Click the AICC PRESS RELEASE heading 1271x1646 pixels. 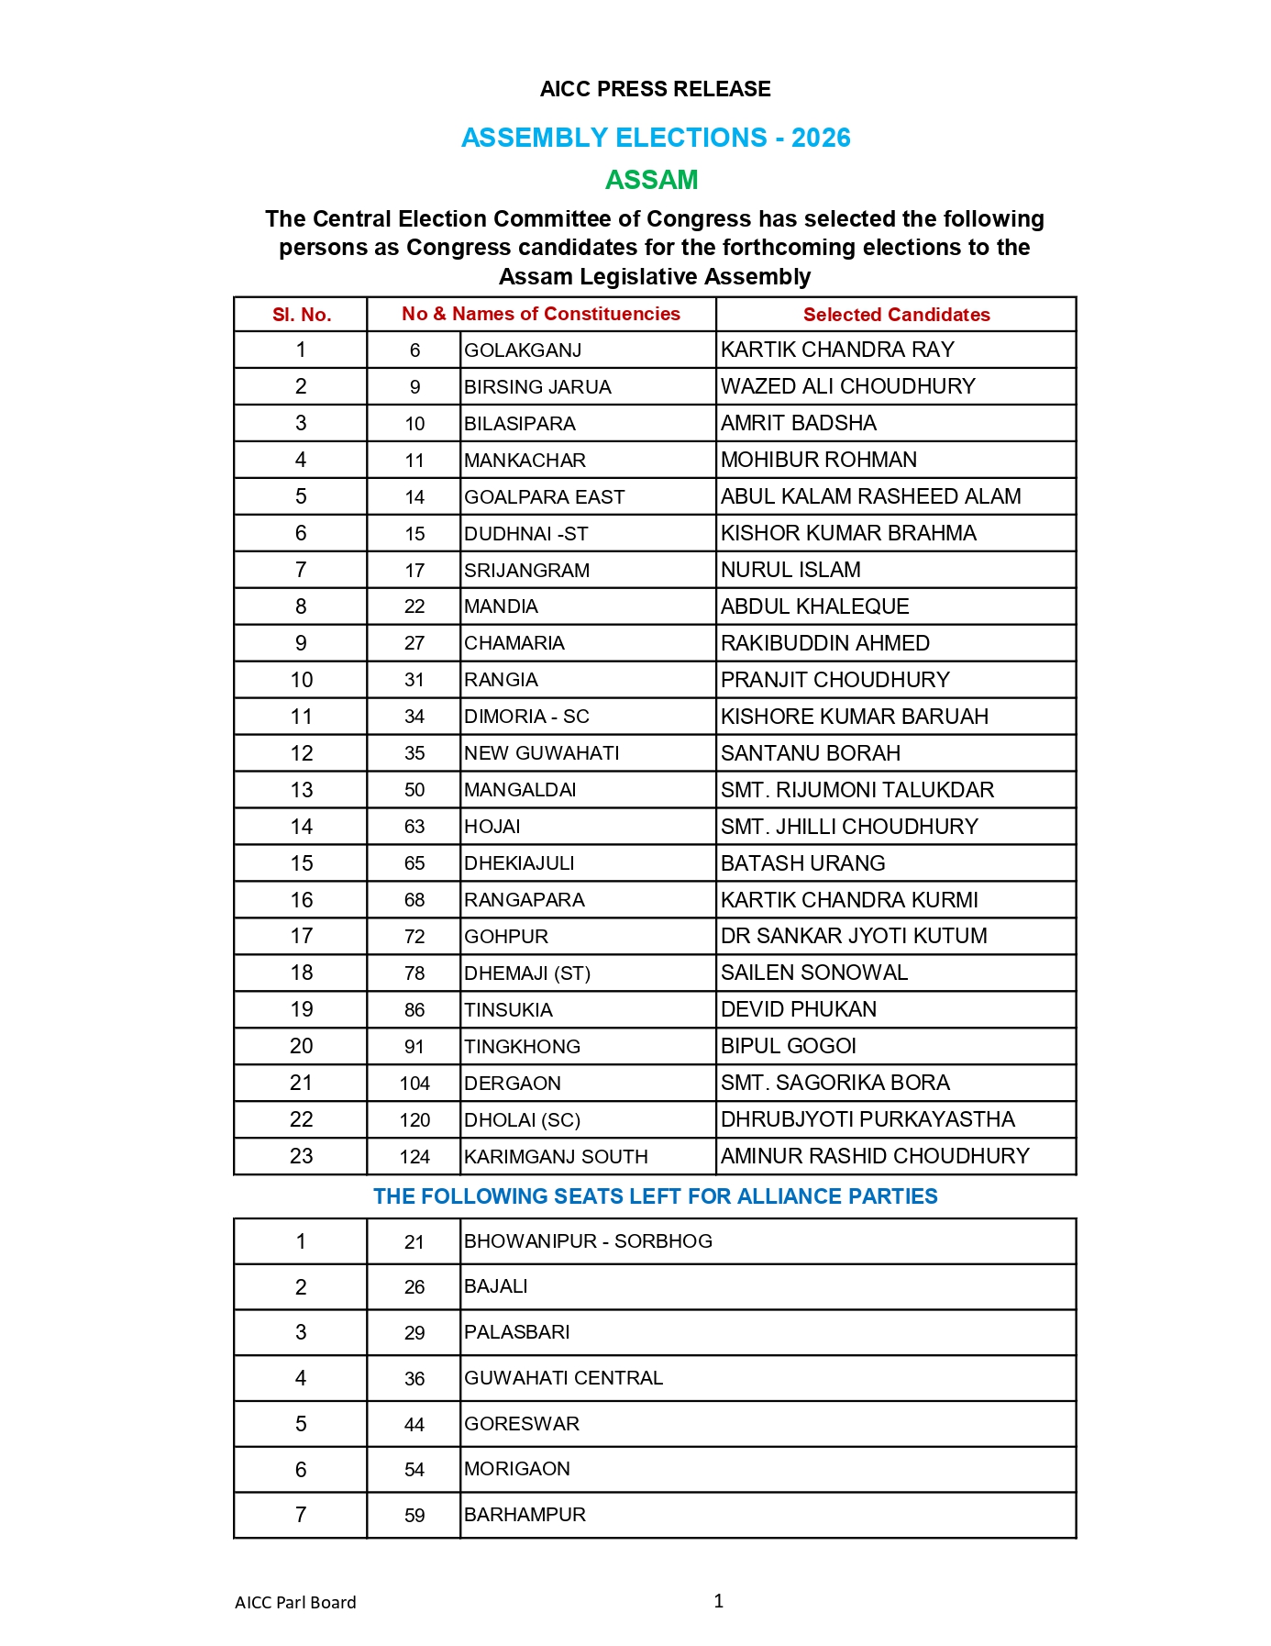[x=655, y=89]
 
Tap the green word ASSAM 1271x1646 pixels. [x=651, y=180]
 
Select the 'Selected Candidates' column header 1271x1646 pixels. [x=896, y=315]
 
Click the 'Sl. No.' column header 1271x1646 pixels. [x=301, y=315]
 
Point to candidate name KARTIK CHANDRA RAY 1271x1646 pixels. [x=837, y=350]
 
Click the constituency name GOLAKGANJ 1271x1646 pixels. [x=523, y=350]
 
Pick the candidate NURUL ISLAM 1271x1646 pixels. [x=790, y=570]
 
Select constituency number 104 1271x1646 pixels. [x=414, y=1084]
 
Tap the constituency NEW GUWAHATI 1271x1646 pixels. [x=541, y=753]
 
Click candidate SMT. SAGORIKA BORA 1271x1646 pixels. [x=834, y=1083]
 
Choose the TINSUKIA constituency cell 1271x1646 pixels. [x=508, y=1010]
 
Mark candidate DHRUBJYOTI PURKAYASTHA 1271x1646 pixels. [x=868, y=1119]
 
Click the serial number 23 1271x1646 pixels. [x=301, y=1156]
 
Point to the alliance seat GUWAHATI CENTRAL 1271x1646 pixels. [x=563, y=1378]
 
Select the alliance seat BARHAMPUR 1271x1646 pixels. [x=525, y=1515]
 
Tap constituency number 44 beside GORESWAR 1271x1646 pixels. [x=414, y=1425]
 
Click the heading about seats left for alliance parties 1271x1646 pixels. [x=655, y=1196]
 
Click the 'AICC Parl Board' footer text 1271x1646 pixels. [x=295, y=1603]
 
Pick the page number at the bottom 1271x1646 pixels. [x=718, y=1601]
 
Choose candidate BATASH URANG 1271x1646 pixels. [x=802, y=863]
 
